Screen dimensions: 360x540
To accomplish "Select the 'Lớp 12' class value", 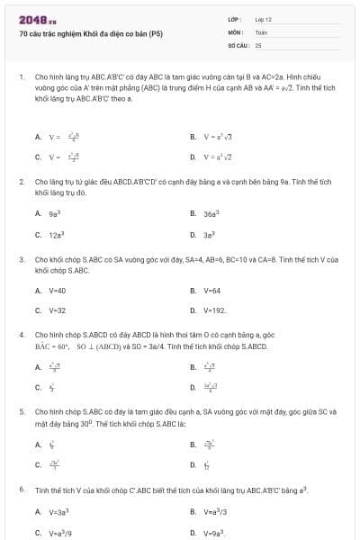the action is pyautogui.click(x=264, y=19).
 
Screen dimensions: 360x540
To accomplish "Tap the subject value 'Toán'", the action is pyautogui.click(x=261, y=31).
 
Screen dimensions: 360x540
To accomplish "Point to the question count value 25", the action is pyautogui.click(x=258, y=44).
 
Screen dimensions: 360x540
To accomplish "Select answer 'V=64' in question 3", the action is pyautogui.click(x=212, y=291).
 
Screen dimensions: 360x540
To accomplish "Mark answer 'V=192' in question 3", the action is pyautogui.click(x=214, y=310).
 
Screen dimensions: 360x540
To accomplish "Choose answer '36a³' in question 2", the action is pyautogui.click(x=212, y=214).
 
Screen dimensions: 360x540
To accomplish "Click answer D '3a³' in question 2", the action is pyautogui.click(x=210, y=234).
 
